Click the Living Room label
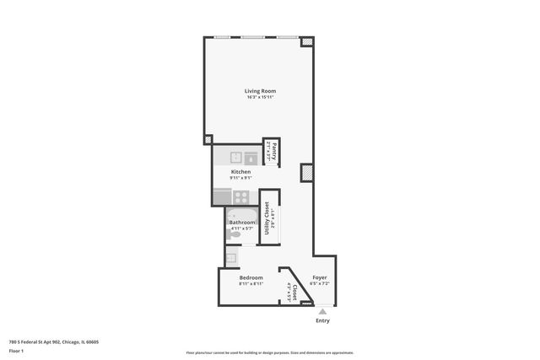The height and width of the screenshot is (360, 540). (260, 91)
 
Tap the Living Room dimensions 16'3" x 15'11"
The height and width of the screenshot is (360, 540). (260, 97)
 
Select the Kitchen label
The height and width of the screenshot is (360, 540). (241, 172)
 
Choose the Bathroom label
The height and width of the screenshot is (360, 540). (242, 223)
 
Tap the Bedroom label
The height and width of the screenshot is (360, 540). (251, 277)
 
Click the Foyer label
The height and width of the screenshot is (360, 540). (320, 277)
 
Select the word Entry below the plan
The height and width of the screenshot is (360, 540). (322, 320)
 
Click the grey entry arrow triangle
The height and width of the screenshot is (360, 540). (322, 310)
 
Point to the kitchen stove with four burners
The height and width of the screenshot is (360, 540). (241, 197)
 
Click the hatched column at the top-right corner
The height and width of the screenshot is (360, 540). (307, 40)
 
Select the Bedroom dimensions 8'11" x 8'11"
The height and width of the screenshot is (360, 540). (251, 284)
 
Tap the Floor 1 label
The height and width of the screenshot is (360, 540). (17, 350)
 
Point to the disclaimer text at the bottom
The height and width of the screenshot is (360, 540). (270, 352)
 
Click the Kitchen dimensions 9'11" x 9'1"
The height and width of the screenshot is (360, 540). (241, 178)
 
